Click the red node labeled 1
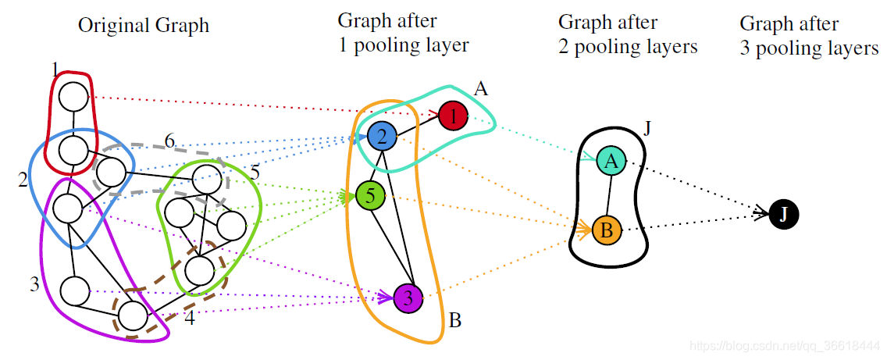[452, 116]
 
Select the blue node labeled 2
[382, 137]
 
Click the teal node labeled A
[611, 162]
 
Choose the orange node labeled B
[607, 230]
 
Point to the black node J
[783, 213]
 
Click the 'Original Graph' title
[144, 26]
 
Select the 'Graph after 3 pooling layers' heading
[809, 36]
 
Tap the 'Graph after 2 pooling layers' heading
[627, 34]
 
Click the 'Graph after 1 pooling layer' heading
[403, 33]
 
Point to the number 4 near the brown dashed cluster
[189, 319]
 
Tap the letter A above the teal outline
[481, 89]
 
